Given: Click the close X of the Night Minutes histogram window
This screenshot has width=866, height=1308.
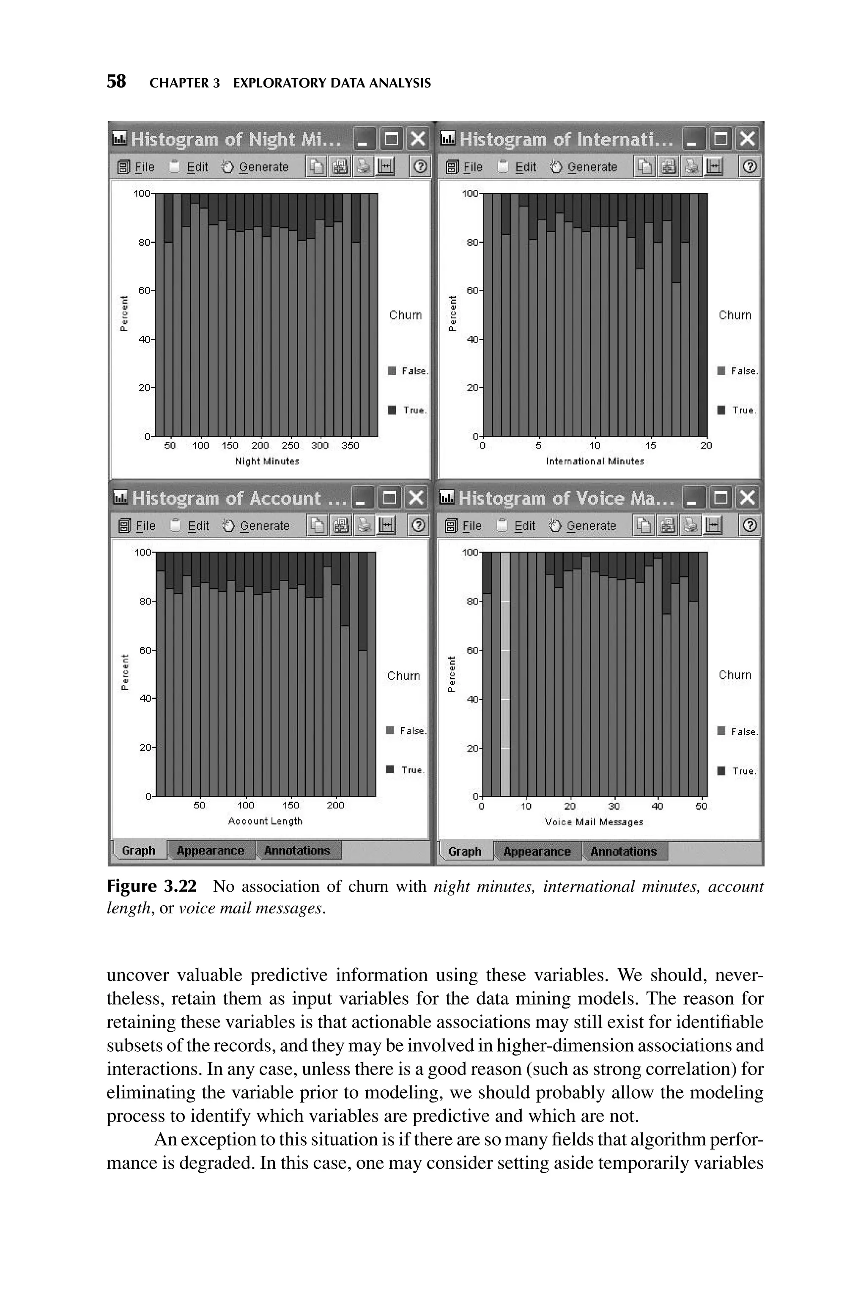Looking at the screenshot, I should point(418,139).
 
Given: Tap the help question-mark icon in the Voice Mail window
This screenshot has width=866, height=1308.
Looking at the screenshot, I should point(749,525).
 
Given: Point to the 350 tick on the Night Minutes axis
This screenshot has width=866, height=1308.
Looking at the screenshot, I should point(350,445).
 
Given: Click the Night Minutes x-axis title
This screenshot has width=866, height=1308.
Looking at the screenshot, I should point(267,461).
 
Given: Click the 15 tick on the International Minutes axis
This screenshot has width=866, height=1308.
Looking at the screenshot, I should point(651,445).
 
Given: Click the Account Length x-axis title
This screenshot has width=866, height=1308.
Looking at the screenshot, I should point(265,821).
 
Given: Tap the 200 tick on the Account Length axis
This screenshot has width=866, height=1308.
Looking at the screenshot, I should point(335,805).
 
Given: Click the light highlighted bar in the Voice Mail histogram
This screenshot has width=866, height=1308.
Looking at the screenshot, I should point(505,674).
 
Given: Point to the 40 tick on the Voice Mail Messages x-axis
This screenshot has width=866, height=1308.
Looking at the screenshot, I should point(657,806).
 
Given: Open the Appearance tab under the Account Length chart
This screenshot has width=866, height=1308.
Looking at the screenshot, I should point(211,851).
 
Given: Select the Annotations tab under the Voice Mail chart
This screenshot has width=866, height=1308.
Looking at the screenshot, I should point(624,851).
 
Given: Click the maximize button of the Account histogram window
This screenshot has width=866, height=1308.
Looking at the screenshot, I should point(389,497).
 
